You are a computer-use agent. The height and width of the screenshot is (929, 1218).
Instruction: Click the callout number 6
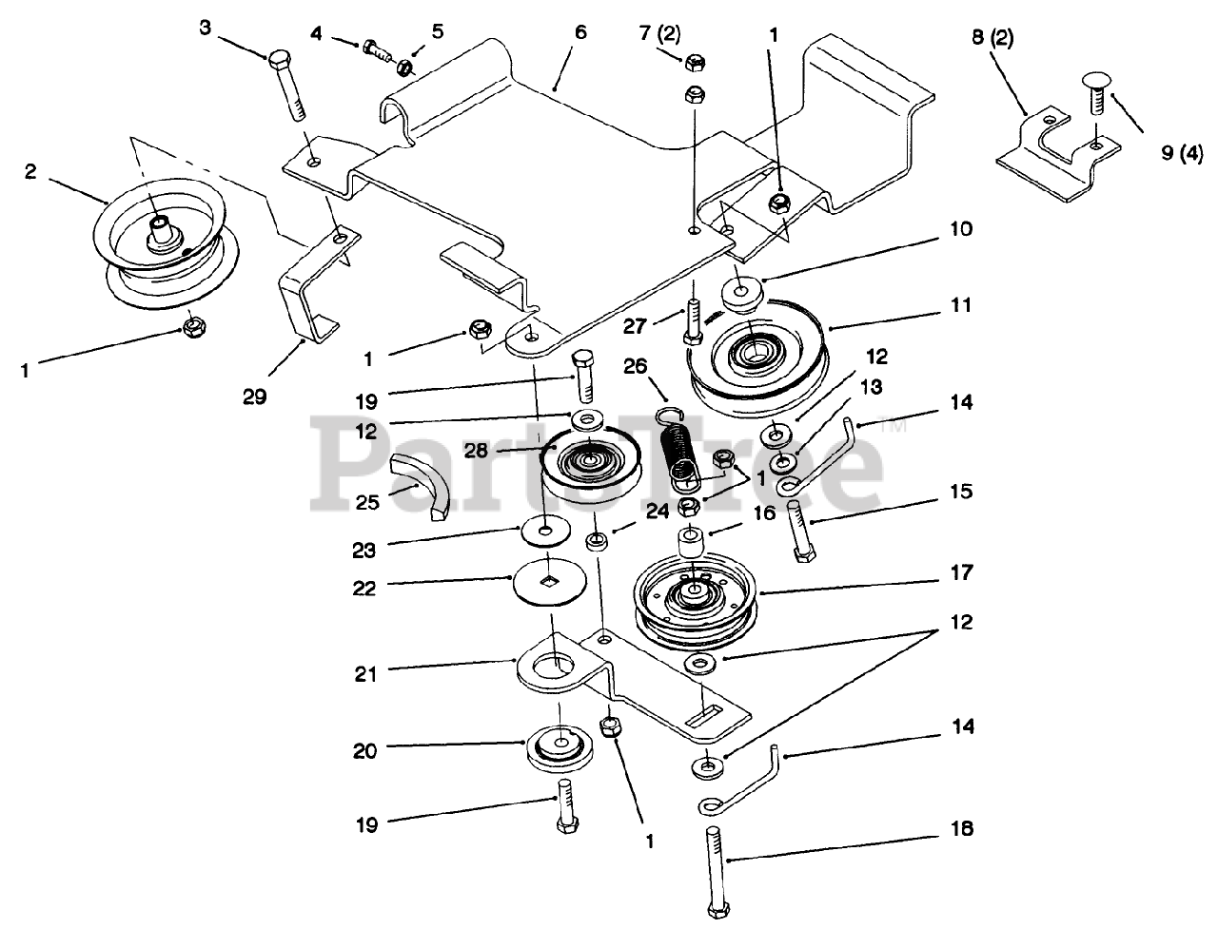coord(580,32)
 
